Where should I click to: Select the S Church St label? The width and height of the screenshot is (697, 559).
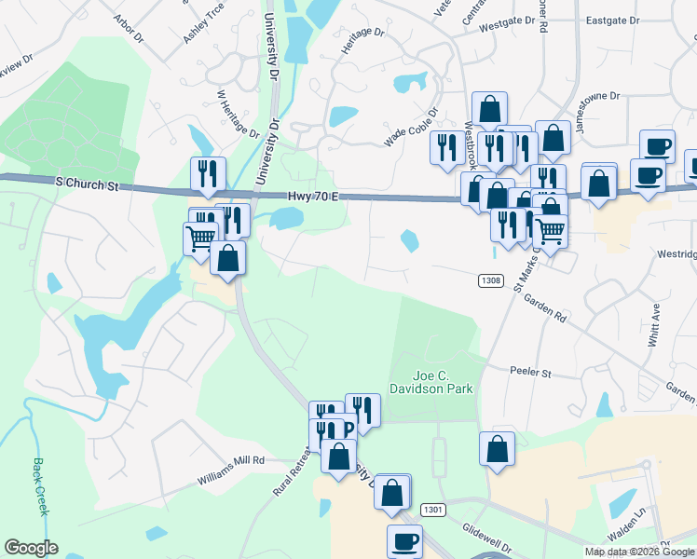[x=87, y=185]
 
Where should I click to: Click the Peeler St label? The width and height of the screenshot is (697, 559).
[x=531, y=373]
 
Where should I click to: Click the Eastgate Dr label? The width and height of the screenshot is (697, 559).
[x=612, y=20]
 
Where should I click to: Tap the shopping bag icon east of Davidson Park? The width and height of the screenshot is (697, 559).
[x=498, y=448]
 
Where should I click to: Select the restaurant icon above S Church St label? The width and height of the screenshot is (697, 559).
[x=207, y=172]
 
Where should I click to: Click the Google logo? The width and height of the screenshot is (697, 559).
[x=31, y=548]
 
